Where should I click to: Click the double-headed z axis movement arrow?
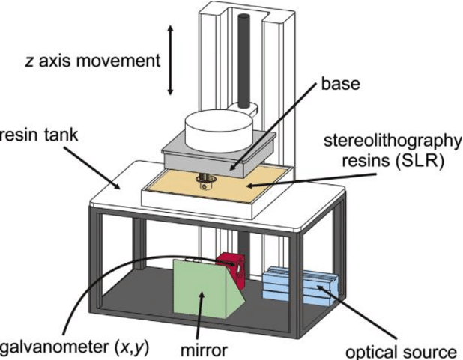[x=171, y=60]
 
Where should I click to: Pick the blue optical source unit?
[x=298, y=289]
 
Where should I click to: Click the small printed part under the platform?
[x=205, y=179]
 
